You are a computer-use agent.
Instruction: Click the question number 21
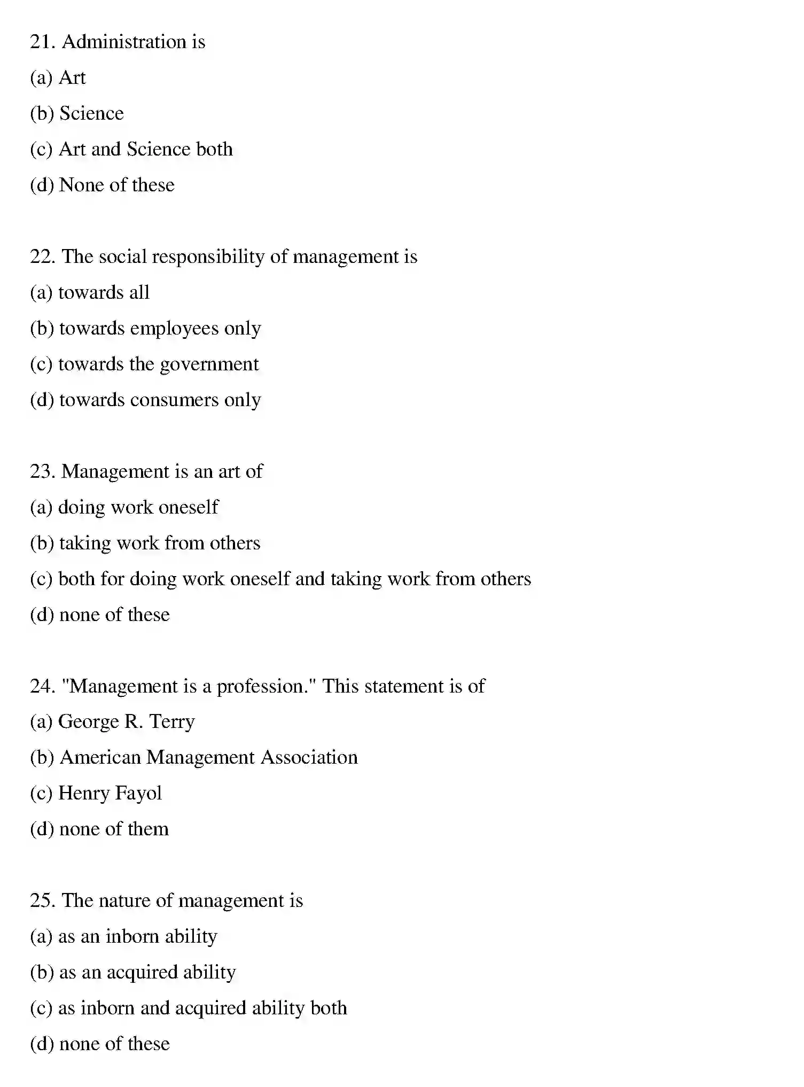pyautogui.click(x=42, y=42)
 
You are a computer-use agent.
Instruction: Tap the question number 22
pyautogui.click(x=42, y=257)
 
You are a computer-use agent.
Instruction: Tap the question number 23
pyautogui.click(x=42, y=471)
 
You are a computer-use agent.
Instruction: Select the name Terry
pyautogui.click(x=172, y=723)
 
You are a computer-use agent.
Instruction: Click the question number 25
pyautogui.click(x=42, y=900)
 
